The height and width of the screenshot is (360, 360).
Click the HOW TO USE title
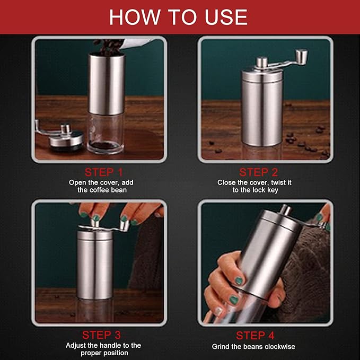coord(178,17)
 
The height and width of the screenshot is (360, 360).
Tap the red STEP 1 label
coord(103,172)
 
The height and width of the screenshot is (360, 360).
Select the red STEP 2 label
coord(258,172)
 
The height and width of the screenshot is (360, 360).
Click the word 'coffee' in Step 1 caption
coord(100,190)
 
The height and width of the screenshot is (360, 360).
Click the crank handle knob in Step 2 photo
coord(301,55)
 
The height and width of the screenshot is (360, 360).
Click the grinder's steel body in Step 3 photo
coord(95,265)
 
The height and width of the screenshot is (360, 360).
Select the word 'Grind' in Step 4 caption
coord(222,347)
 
